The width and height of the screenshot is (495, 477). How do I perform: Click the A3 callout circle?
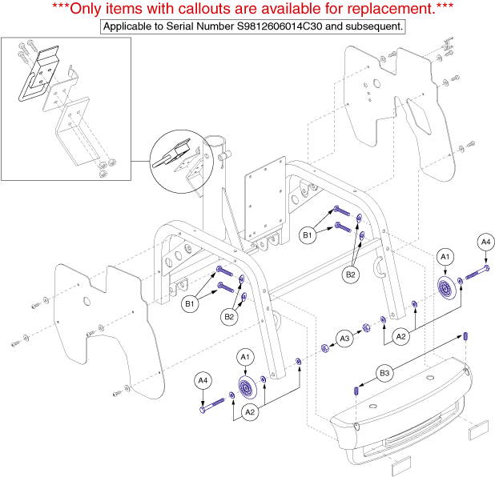pos(344,339)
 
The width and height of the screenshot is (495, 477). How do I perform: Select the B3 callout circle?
pos(384,373)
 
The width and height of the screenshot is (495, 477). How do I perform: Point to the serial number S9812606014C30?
pos(280,26)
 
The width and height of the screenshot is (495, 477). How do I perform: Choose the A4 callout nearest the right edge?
pos(485,243)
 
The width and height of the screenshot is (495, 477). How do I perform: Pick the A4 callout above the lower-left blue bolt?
pos(203,381)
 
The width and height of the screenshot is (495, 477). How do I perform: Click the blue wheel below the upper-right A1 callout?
pos(446,287)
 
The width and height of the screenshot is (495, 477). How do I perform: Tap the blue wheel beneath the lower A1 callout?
pos(247,387)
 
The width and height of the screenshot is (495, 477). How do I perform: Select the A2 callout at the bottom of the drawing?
pos(250,412)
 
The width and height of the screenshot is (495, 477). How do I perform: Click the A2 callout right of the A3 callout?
pos(401,337)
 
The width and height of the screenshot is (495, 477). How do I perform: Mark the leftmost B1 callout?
pos(190,304)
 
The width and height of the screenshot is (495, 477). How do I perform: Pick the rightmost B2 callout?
pos(350,275)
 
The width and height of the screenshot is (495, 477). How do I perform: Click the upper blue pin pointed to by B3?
pos(465,336)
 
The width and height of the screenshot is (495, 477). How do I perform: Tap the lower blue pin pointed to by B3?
pos(356,391)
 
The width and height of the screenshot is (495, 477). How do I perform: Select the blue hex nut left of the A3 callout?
pos(325,348)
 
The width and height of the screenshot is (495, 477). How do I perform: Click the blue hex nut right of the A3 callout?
pos(366,328)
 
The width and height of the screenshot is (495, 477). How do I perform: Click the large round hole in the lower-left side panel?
pos(87,302)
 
